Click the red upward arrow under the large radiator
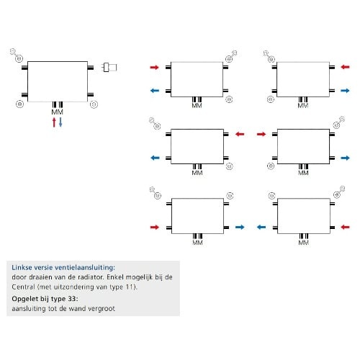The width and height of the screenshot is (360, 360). (x=54, y=122)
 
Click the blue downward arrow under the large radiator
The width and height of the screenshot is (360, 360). (x=60, y=122)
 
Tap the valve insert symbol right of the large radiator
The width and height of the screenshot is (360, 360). (x=109, y=68)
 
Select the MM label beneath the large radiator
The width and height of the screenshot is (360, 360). (x=58, y=112)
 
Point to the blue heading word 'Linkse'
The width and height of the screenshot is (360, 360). (x=22, y=267)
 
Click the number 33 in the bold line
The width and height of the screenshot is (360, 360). (x=72, y=299)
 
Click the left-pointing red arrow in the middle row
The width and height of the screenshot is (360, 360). (x=240, y=134)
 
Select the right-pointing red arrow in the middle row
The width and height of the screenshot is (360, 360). (x=261, y=134)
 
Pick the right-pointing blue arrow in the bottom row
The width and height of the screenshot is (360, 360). (x=240, y=227)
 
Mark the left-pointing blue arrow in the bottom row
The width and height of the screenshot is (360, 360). (x=261, y=227)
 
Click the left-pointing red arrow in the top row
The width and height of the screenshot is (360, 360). (x=345, y=67)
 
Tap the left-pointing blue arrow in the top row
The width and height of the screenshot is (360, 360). (x=155, y=91)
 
